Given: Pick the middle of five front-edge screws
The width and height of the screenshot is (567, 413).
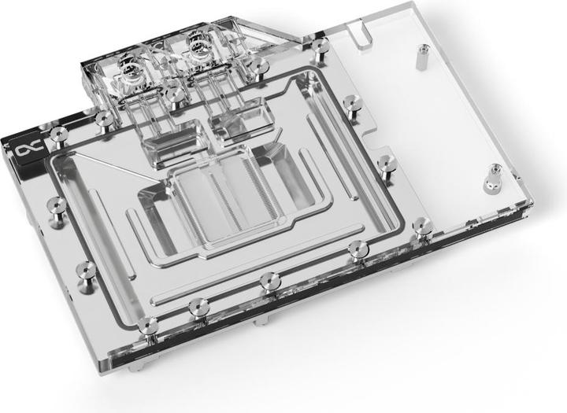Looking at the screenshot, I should coord(269,280).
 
